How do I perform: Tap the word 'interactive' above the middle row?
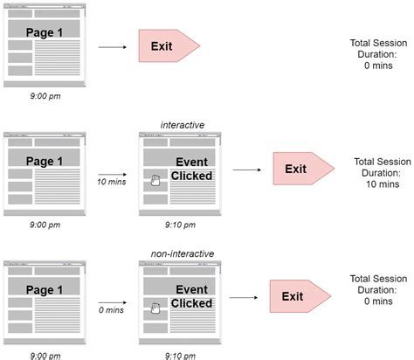(183, 125)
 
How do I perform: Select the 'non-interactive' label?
(183, 253)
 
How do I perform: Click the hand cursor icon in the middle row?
(155, 180)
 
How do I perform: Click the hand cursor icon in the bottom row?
(155, 308)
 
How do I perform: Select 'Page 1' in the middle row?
(44, 162)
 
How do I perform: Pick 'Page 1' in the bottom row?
(44, 288)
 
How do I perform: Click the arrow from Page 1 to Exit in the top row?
(111, 45)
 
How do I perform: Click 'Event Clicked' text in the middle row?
(190, 169)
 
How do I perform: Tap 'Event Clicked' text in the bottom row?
(190, 297)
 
